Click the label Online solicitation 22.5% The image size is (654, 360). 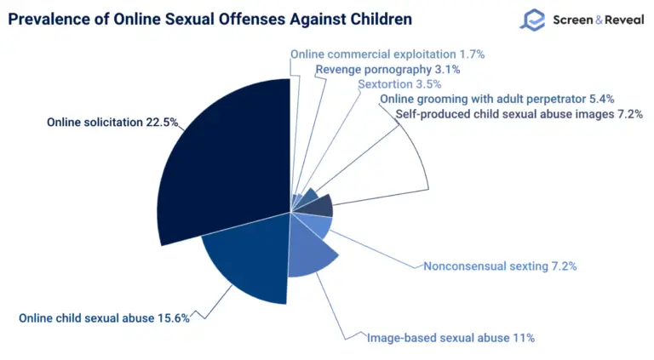112,123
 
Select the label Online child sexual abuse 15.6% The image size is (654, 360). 104,318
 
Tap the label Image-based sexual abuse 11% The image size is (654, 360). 450,338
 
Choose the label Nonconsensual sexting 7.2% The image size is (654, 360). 500,266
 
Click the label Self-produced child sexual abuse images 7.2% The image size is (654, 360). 519,115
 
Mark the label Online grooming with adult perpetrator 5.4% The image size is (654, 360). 496,100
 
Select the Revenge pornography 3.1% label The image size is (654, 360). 387,69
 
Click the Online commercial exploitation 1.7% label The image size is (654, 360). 387,54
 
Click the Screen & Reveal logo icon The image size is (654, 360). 533,20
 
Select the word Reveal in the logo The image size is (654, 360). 620,19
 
